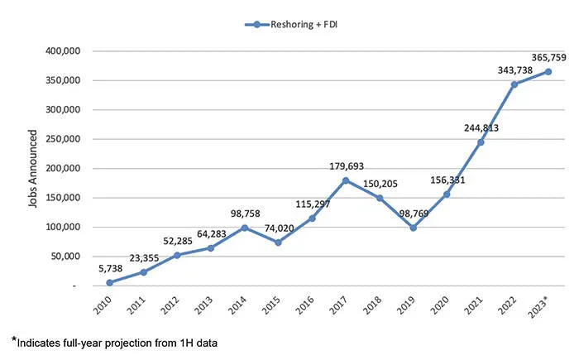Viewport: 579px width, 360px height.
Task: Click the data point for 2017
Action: pos(345,180)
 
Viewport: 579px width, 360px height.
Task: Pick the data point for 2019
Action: pos(413,228)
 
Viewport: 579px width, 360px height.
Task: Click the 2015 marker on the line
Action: pos(277,242)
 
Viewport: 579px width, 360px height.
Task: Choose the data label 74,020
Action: pos(277,227)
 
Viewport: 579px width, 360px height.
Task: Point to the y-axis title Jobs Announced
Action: pos(33,167)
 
